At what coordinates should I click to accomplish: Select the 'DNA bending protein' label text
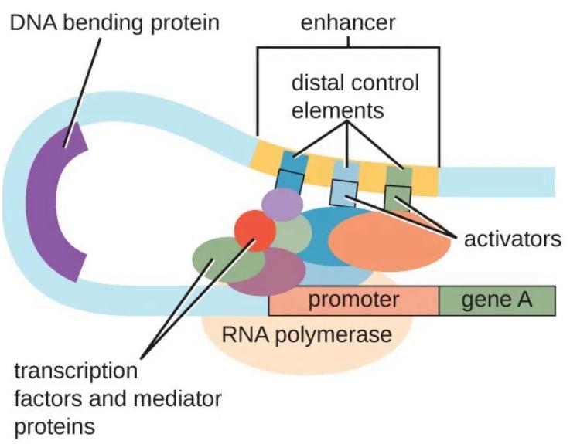(x=114, y=22)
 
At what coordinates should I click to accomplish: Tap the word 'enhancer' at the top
(x=347, y=22)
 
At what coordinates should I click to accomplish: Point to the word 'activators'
(x=512, y=239)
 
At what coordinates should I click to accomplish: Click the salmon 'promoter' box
(x=353, y=300)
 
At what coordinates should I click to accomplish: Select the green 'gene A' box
(x=497, y=300)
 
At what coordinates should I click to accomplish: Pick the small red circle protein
(x=254, y=232)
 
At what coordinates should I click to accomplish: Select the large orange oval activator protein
(x=391, y=239)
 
